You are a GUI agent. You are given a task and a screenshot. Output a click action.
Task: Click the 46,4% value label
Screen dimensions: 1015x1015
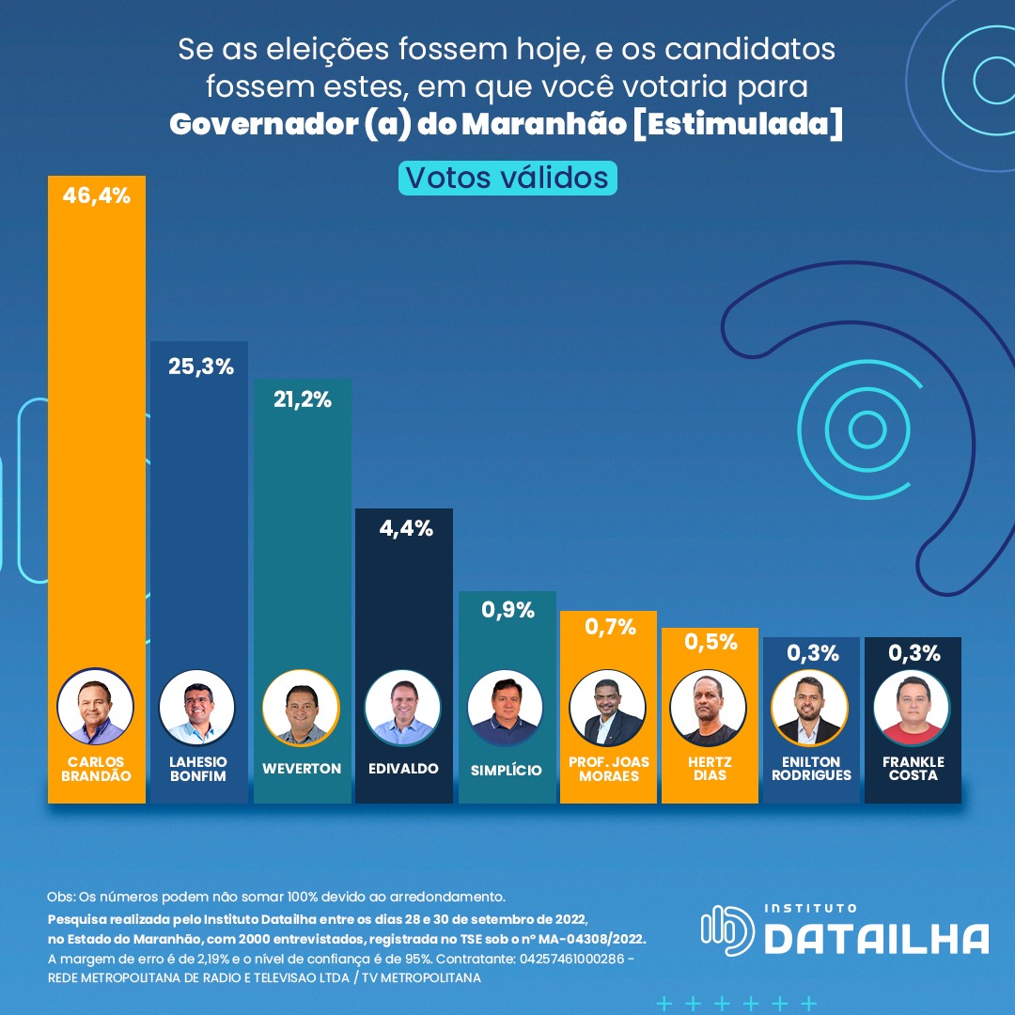[x=97, y=196]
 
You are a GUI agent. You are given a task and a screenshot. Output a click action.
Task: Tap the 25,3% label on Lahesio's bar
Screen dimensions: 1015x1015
[x=200, y=367]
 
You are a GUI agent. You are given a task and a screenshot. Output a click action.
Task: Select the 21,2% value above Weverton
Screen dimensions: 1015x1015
[x=304, y=399]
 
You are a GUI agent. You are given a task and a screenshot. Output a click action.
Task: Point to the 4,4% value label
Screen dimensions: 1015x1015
[x=406, y=528]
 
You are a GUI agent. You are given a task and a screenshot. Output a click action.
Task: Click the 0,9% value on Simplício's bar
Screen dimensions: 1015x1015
[x=507, y=610]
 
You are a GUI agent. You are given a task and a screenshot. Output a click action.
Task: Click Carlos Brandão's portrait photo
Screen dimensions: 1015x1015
[x=96, y=707]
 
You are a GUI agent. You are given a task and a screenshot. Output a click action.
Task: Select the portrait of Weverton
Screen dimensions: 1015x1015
[x=301, y=708]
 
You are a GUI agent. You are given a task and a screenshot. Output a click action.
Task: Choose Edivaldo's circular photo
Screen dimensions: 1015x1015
[x=403, y=708]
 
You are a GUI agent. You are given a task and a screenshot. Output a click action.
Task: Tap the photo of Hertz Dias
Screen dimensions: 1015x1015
[x=709, y=708]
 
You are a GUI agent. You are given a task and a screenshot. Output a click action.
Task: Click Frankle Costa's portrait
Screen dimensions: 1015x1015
[x=912, y=708]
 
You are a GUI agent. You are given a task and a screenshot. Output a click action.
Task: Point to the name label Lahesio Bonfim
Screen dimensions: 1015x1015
[x=198, y=769]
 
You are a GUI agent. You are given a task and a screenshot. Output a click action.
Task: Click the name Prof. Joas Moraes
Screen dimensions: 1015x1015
[x=609, y=769]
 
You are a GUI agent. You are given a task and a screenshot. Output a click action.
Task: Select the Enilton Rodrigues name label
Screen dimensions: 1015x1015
[x=810, y=769]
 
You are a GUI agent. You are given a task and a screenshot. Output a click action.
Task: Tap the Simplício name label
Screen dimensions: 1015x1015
[x=507, y=770]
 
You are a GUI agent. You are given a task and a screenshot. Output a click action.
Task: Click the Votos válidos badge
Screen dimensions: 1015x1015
[x=507, y=177]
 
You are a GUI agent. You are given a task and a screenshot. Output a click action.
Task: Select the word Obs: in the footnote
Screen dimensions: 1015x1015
[x=60, y=896]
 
